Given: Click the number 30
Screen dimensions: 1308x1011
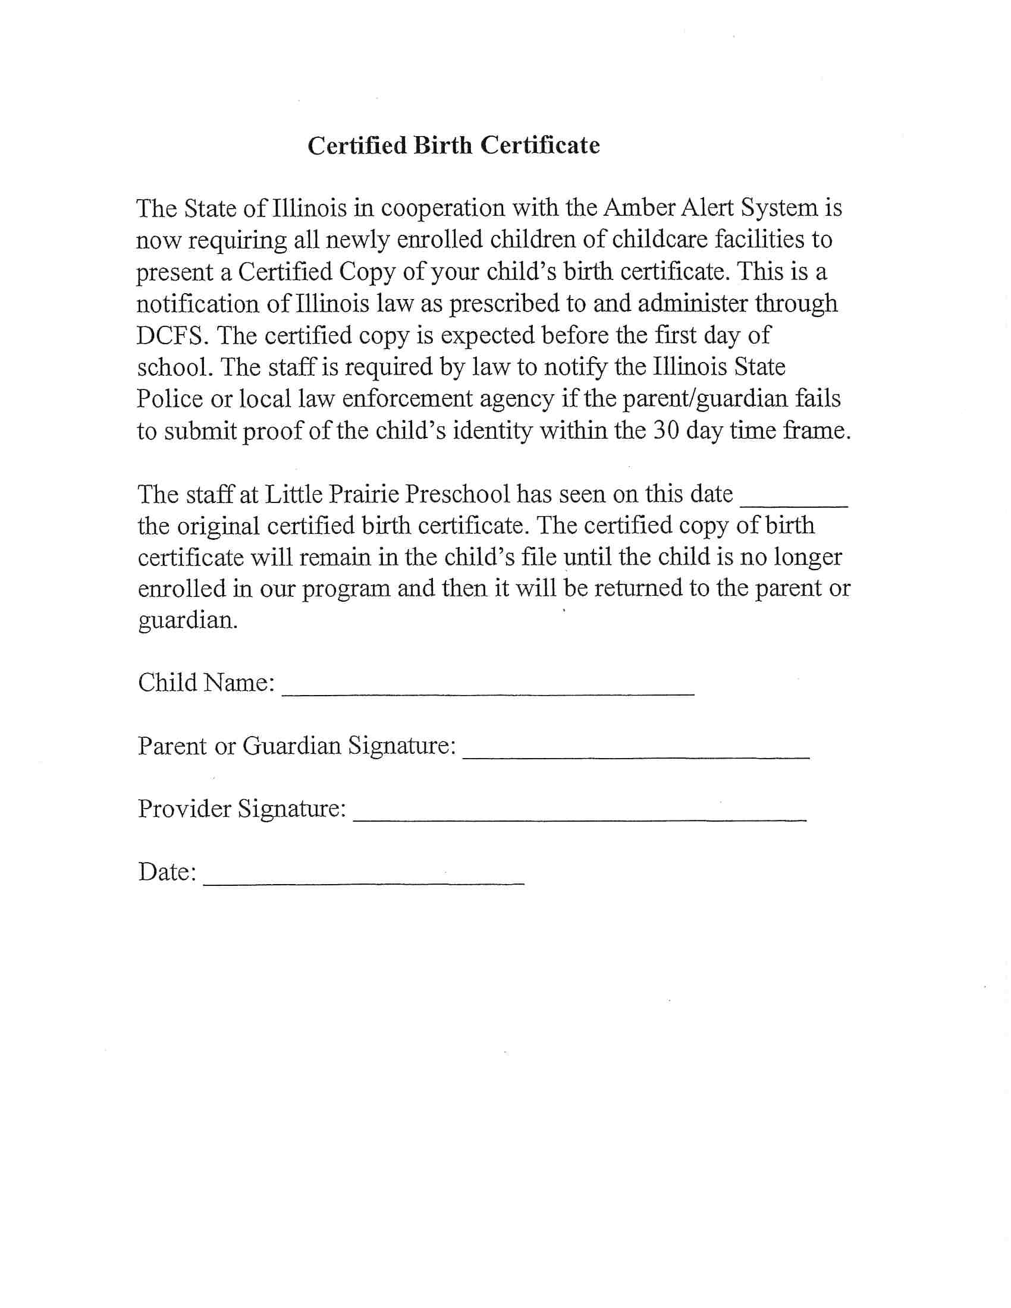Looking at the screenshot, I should pyautogui.click(x=666, y=430).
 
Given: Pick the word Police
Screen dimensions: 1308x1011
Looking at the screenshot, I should pyautogui.click(x=169, y=399).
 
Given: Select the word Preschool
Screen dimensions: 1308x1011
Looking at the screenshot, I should pyautogui.click(x=457, y=494).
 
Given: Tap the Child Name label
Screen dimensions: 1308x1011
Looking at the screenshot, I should pyautogui.click(x=206, y=683).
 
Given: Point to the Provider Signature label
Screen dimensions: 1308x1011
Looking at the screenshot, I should pyautogui.click(x=242, y=809).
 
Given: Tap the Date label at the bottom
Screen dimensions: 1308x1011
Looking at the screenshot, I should pyautogui.click(x=167, y=872).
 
